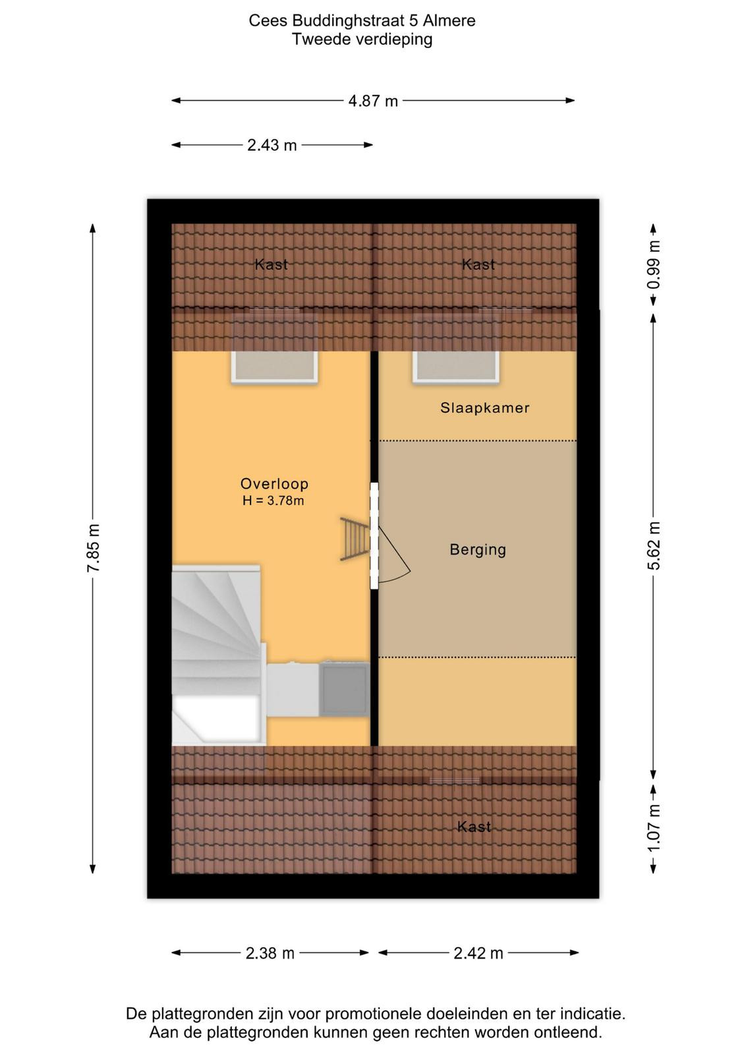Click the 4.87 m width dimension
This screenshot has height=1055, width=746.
coord(373,100)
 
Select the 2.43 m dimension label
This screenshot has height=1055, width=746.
coord(272,145)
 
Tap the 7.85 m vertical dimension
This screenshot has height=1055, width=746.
coord(93,548)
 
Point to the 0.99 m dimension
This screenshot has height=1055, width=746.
coord(653,264)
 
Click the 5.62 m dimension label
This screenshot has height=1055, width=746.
coord(653,545)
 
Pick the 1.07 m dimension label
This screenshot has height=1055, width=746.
coord(653,828)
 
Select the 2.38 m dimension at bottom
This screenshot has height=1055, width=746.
coord(270,953)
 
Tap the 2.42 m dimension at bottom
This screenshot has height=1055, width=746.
coord(478,953)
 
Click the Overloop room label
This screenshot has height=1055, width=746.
coord(274,484)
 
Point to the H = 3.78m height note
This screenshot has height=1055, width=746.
coord(273,500)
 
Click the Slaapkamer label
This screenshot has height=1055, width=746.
coord(485,408)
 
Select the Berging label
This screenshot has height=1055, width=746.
coord(478,550)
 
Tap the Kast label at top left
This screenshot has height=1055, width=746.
coord(271,264)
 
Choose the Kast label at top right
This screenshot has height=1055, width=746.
coord(478,264)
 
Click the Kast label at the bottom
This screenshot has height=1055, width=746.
coord(474,827)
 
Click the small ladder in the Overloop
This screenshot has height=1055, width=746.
coord(355,539)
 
